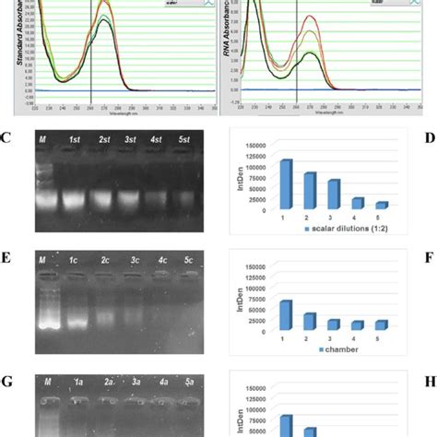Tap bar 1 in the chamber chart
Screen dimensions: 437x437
coord(286,315)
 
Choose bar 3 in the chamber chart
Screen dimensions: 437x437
coord(334,325)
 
